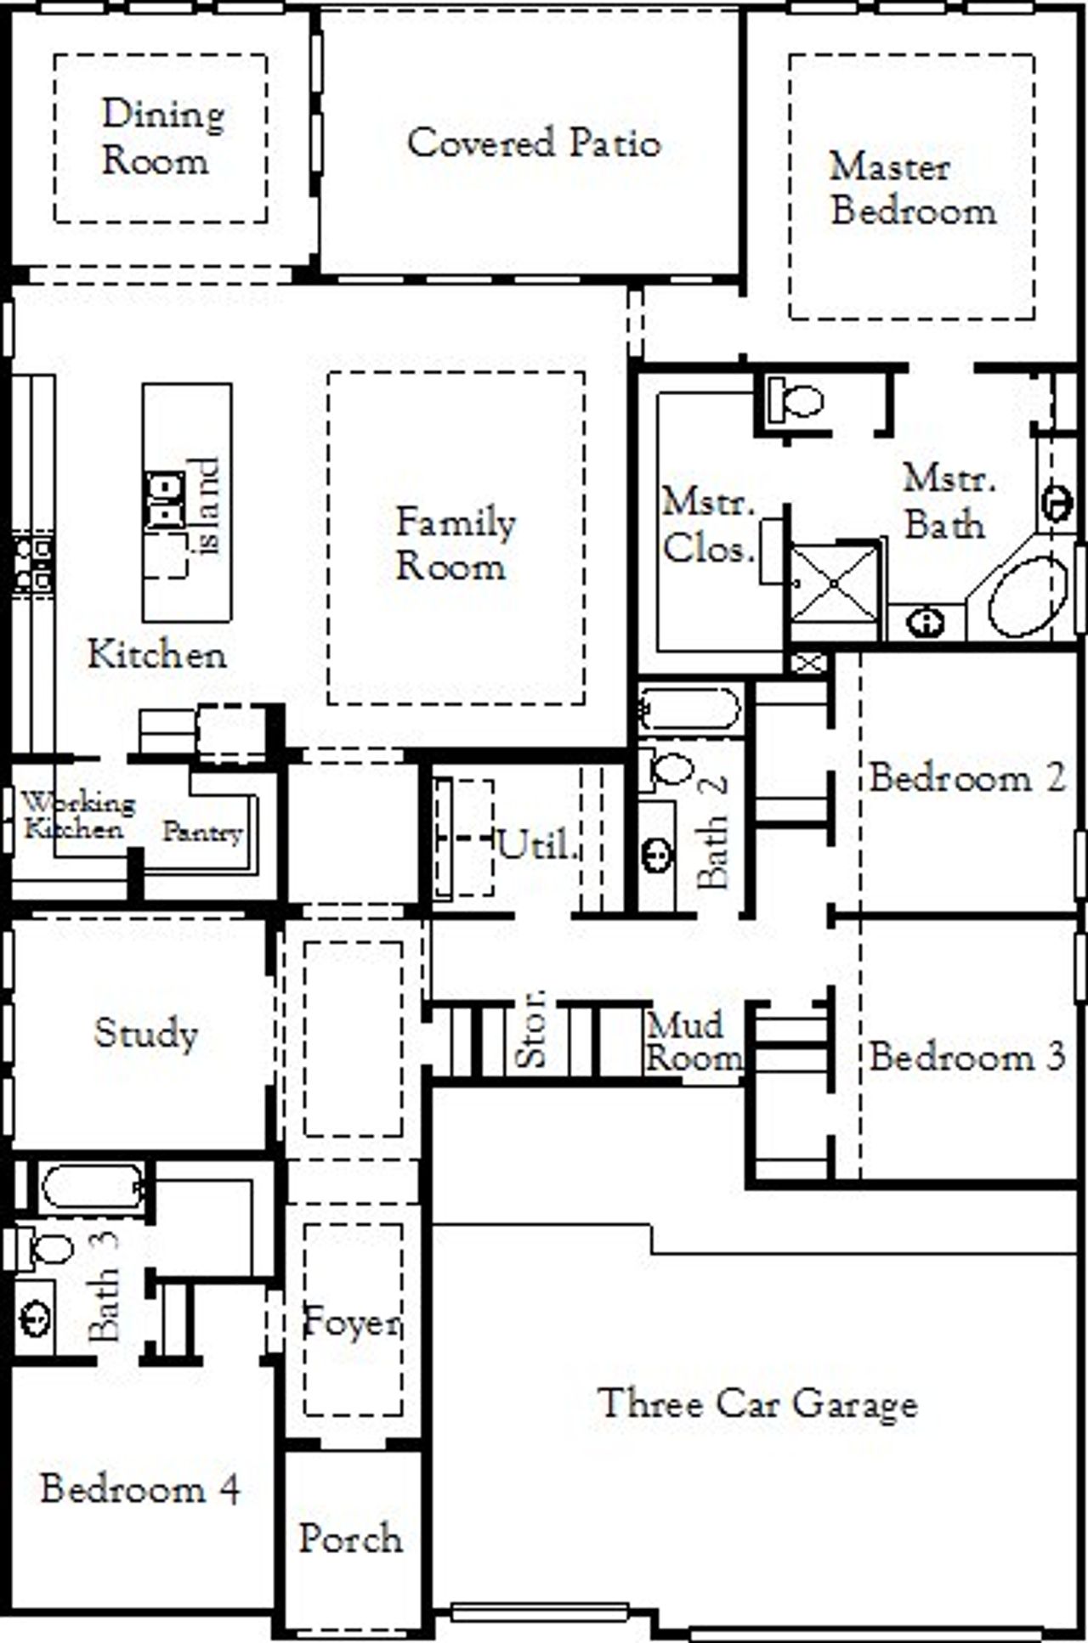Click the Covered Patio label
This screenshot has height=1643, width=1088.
coord(533,142)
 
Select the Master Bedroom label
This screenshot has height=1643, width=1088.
coord(912,189)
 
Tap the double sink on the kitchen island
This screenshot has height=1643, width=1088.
coord(165,500)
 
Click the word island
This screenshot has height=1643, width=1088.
coord(206,506)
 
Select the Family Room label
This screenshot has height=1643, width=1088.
coord(455,544)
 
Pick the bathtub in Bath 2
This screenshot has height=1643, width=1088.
coord(689,708)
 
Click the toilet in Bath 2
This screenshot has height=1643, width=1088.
coord(668,769)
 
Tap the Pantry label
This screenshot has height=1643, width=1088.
coord(202,832)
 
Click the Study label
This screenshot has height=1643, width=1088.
coord(145,1032)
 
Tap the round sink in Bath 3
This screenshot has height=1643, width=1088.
coord(35,1320)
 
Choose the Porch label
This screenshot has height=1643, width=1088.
coord(350,1539)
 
